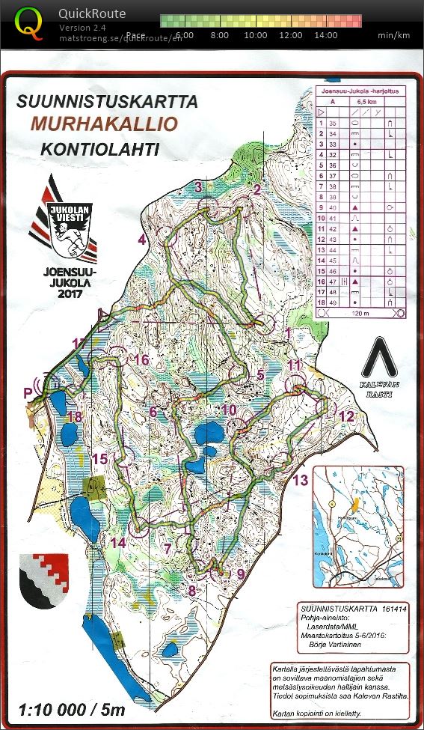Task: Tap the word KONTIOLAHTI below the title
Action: click(99, 148)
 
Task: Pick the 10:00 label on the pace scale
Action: click(256, 35)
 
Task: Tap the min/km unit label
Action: click(393, 35)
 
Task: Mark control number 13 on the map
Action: click(300, 480)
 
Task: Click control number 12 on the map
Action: click(345, 416)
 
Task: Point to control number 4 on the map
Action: click(142, 240)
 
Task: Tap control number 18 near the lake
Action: click(74, 417)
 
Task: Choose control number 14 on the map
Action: click(117, 542)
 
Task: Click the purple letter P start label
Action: click(28, 392)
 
